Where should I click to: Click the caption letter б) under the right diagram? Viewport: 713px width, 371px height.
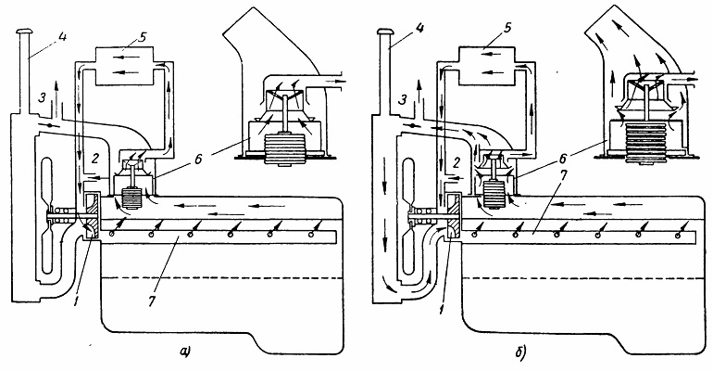coord(521,352)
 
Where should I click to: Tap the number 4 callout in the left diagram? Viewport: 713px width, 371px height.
coord(62,35)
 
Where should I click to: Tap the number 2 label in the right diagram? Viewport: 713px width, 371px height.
coord(457,161)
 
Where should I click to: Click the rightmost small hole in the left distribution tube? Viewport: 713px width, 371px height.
coord(310,234)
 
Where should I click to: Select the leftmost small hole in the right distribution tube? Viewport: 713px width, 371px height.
coord(474,234)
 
